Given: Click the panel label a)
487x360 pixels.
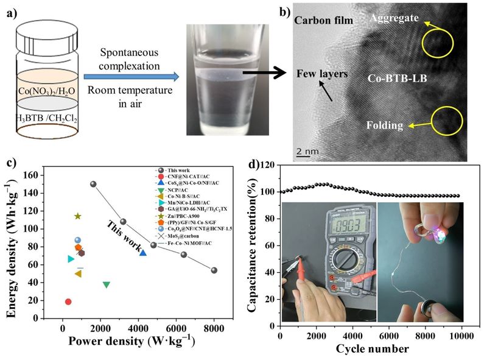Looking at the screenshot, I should [10, 10].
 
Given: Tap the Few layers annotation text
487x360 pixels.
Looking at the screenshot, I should [322, 74].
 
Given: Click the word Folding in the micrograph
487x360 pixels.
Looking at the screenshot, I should [385, 125].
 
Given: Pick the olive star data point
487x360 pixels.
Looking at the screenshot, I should [77, 216].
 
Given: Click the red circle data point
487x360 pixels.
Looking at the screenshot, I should [68, 302].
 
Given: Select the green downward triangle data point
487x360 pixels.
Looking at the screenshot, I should [107, 284].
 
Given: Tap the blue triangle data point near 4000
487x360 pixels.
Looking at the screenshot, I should [142, 252].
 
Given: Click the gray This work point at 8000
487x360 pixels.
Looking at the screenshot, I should [214, 270].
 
